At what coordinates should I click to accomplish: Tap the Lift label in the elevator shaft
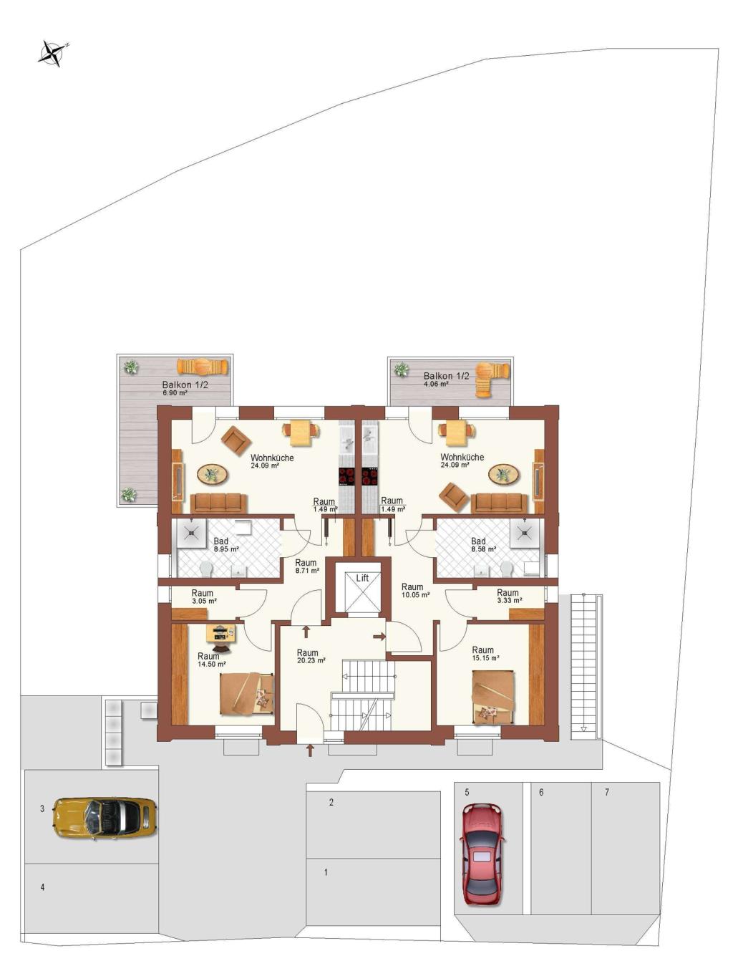click(x=362, y=578)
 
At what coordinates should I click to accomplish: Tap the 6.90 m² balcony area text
click(x=175, y=393)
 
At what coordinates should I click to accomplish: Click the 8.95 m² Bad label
click(x=226, y=545)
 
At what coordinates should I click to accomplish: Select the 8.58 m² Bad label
click(x=483, y=545)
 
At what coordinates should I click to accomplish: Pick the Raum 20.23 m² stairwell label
click(x=311, y=657)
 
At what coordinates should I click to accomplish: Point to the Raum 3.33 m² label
click(x=509, y=596)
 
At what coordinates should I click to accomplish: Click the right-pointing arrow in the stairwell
click(x=379, y=637)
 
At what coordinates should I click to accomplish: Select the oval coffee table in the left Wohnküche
click(x=213, y=474)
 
